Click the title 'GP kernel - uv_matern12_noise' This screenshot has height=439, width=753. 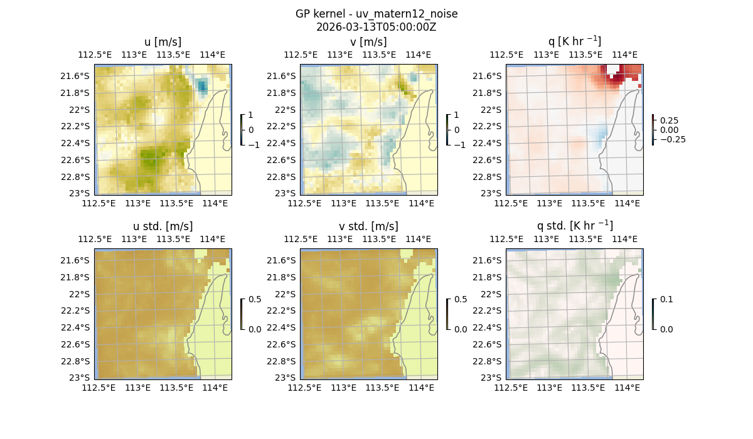click(376, 14)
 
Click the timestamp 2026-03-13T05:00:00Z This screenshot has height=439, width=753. click(376, 27)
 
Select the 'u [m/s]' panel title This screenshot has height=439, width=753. click(163, 42)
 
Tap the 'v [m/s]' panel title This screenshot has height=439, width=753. click(368, 42)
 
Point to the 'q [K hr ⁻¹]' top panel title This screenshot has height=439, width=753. click(574, 41)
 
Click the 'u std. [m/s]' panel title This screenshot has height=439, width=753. click(163, 226)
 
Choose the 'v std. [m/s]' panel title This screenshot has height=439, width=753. click(368, 226)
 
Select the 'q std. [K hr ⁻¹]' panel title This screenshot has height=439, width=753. click(574, 226)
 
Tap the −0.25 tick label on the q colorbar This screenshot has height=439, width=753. click(672, 139)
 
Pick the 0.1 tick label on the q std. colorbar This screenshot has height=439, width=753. click(666, 299)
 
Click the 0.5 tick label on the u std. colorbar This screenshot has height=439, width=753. click(254, 299)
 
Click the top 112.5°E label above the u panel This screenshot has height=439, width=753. click(94, 55)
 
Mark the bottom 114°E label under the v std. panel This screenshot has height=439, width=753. click(421, 388)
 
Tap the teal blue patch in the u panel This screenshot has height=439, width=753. click(201, 86)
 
